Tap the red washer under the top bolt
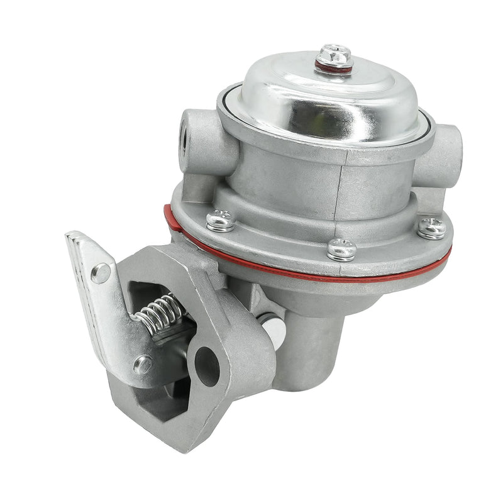(333, 68)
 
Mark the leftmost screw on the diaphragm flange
(218, 220)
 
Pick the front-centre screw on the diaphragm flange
(341, 249)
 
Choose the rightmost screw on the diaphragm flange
(432, 227)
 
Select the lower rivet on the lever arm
(143, 363)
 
